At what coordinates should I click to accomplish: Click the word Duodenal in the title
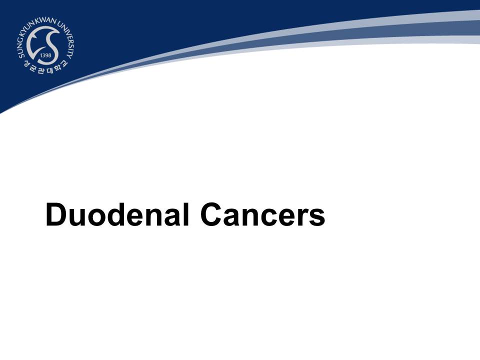coord(117,214)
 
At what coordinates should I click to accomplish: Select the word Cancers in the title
coord(262,214)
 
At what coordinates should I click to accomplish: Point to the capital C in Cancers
coord(211,214)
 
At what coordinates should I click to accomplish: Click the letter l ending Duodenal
coord(186,214)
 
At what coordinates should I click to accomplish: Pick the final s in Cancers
coord(316,217)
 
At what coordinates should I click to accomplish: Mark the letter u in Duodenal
coord(77,218)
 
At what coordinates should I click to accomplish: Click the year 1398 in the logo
coord(45,55)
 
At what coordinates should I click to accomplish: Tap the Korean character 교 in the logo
coord(64,63)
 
